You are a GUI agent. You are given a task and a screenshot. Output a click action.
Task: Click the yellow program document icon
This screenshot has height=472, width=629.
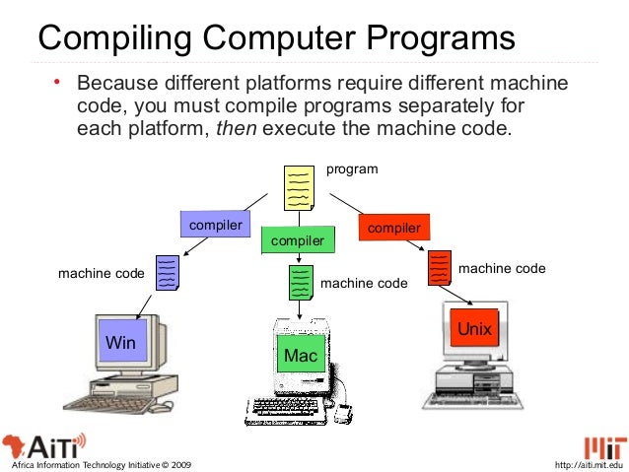pos(299,188)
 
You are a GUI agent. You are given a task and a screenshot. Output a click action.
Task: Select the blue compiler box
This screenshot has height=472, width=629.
pos(215,225)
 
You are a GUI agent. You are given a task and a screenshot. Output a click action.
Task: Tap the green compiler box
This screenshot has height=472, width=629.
pos(297,240)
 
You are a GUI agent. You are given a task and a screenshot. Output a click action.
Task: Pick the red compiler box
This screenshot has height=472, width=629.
pos(393,228)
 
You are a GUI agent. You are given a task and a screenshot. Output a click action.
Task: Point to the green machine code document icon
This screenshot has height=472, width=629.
pos(301,283)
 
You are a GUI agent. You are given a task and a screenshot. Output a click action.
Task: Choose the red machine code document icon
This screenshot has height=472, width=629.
pos(440,266)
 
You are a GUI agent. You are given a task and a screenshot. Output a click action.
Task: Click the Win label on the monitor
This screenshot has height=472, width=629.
pos(120,343)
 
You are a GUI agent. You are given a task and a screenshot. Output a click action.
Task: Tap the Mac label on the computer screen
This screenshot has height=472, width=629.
pos(298,354)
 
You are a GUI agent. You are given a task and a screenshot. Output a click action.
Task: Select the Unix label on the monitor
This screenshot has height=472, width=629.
pos(470,328)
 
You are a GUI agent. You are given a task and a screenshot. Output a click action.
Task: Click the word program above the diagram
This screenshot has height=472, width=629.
pos(352,169)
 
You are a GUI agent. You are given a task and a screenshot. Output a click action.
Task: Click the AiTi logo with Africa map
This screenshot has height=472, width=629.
pos(44,441)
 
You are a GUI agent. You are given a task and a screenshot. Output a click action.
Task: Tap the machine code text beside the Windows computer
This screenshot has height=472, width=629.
pos(101,272)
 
